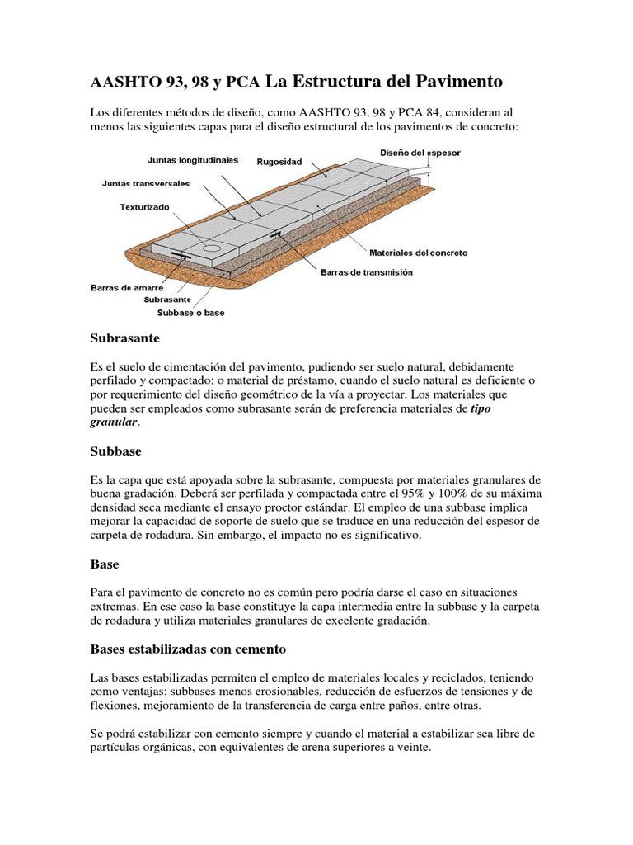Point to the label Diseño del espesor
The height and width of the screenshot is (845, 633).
pos(420,153)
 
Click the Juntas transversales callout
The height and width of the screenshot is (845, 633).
pos(146,182)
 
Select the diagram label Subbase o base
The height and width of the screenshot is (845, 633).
pos(190,313)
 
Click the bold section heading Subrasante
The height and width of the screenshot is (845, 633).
pos(124,338)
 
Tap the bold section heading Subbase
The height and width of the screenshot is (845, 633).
pos(115,451)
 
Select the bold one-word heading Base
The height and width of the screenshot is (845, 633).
pos(105,564)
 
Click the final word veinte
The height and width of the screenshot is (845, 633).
pos(410,748)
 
